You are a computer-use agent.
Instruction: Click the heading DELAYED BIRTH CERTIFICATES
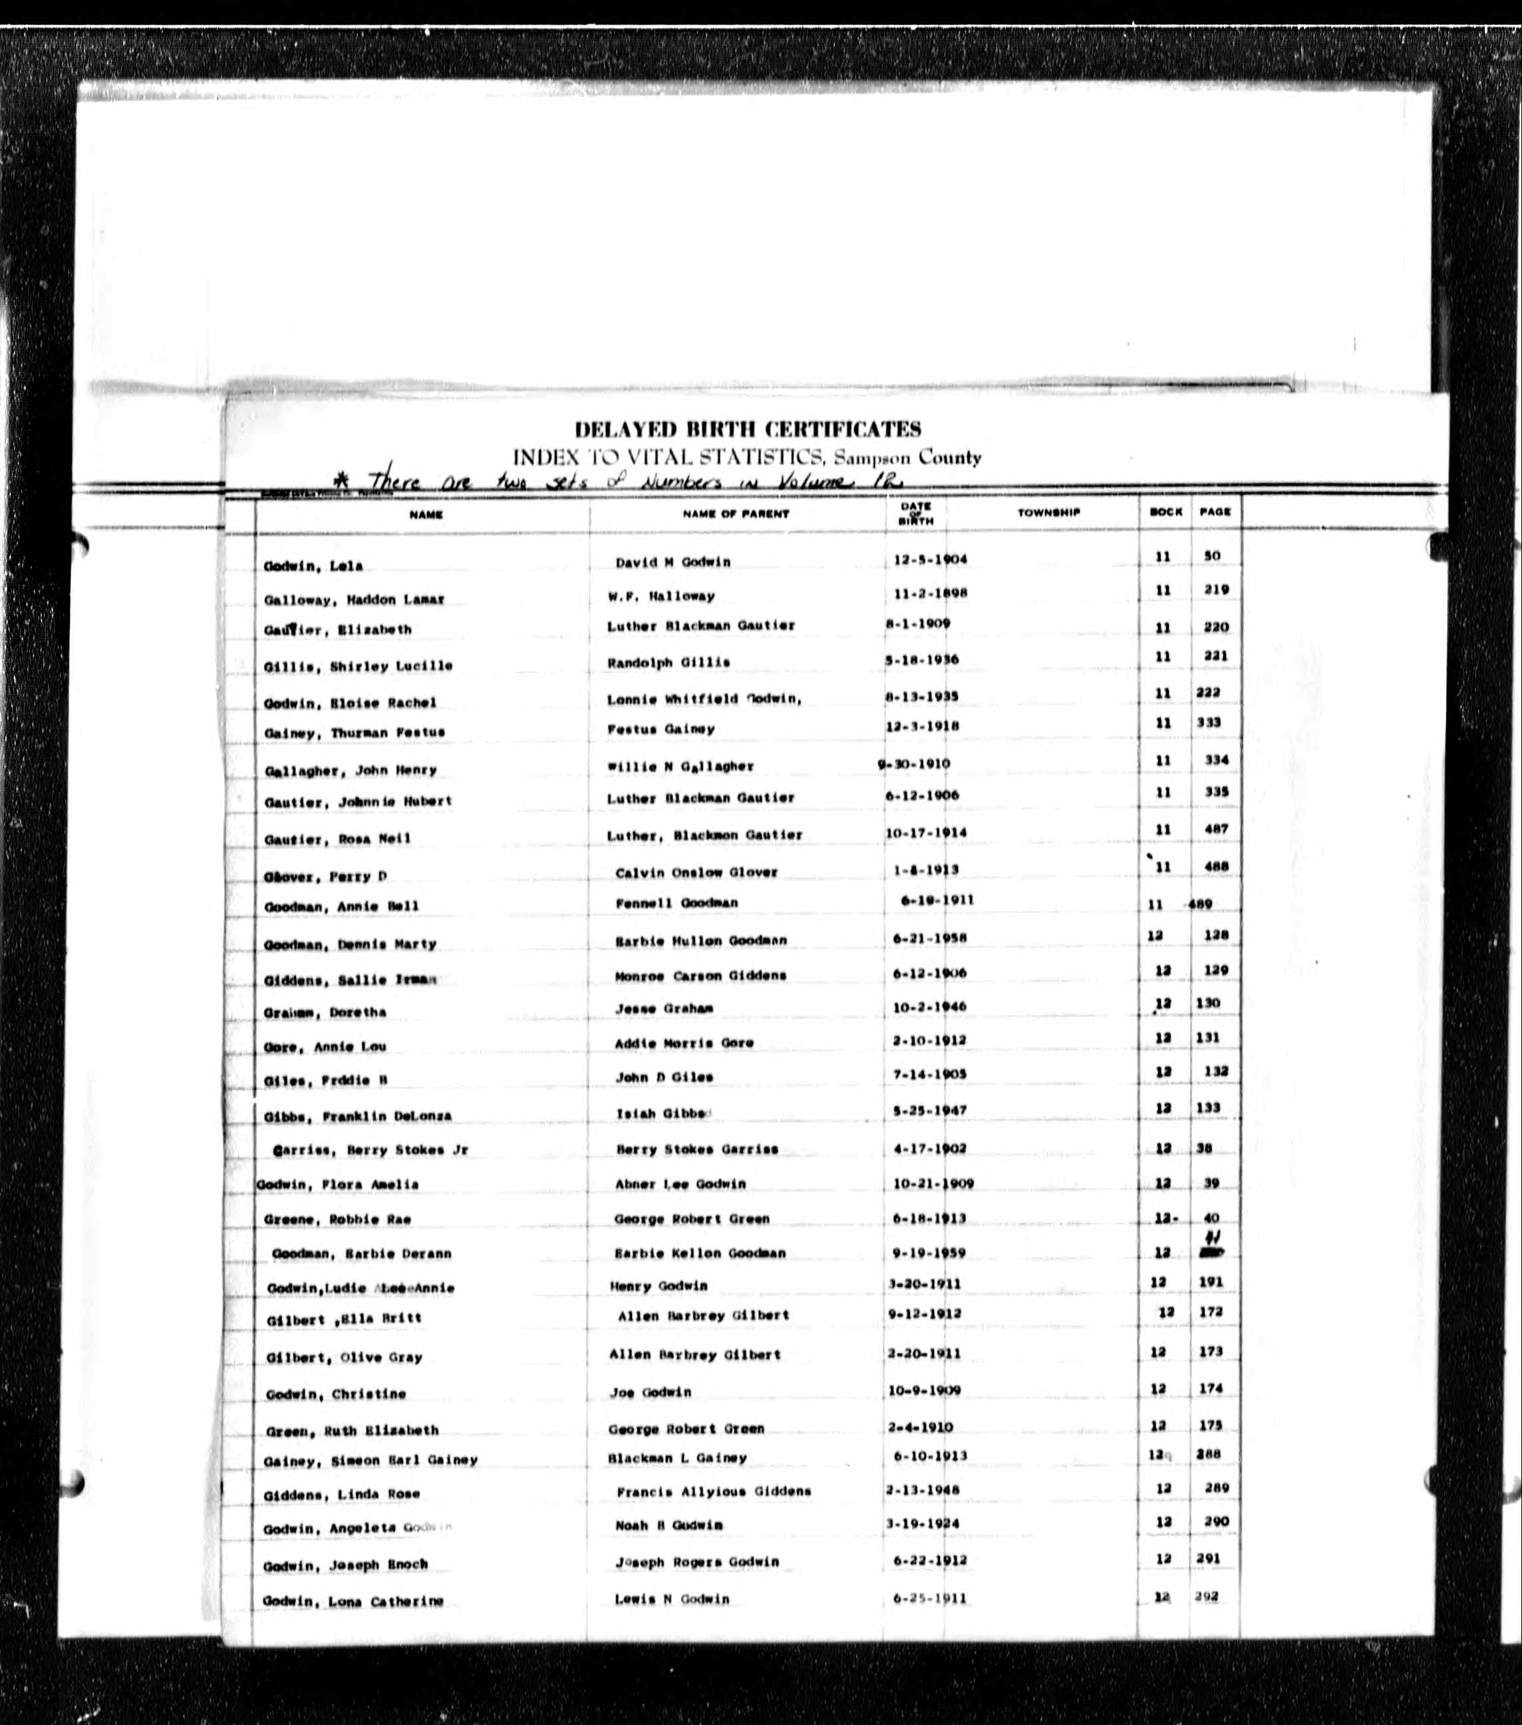(748, 429)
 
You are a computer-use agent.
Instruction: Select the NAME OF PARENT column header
(736, 513)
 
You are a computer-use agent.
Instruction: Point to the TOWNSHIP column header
(1048, 512)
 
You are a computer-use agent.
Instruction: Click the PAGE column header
(1215, 511)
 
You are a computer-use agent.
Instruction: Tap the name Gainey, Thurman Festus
(353, 733)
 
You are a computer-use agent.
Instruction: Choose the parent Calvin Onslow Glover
(696, 872)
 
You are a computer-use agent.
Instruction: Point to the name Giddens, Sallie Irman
(349, 979)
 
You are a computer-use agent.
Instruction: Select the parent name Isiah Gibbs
(663, 1113)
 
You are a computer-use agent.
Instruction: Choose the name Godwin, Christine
(335, 1394)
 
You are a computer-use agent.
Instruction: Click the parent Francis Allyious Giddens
(713, 1491)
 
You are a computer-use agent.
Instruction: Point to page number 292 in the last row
(1207, 1596)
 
